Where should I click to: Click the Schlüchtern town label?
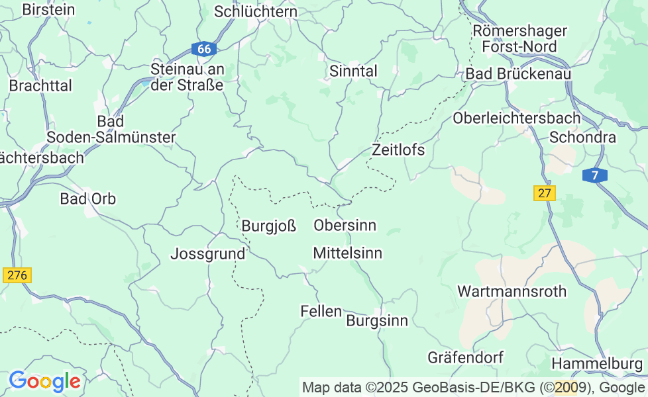[x=256, y=12]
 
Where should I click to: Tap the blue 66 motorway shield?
[x=204, y=49]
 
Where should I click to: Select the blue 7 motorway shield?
[x=595, y=175]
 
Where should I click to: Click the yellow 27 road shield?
[x=545, y=193]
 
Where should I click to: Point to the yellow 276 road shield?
[x=17, y=275]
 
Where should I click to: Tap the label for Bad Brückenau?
[x=518, y=74]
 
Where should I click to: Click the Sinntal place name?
[x=353, y=71]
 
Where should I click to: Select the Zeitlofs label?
[x=398, y=150]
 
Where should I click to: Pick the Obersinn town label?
[x=345, y=226]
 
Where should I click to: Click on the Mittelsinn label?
[x=347, y=253]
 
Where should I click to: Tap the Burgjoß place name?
[x=268, y=226]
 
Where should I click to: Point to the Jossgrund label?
[x=207, y=253]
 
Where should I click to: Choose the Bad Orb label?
[x=87, y=198]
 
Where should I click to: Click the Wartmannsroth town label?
[x=512, y=291]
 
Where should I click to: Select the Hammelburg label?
[x=597, y=364]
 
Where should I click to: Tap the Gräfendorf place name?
[x=465, y=358]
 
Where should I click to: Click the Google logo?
[x=44, y=381]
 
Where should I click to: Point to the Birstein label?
[x=48, y=10]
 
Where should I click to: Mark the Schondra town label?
[x=583, y=138]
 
